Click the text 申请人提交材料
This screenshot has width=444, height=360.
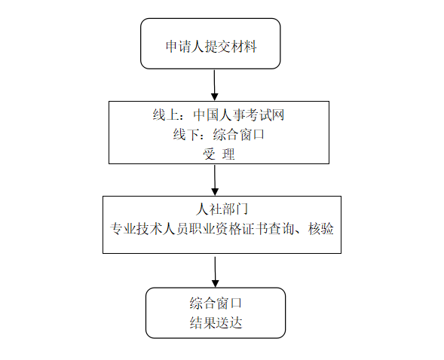pos(211,47)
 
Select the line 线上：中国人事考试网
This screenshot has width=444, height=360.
pos(219,115)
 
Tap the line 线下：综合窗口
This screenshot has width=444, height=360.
pos(219,134)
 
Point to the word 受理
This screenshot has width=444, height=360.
pos(219,154)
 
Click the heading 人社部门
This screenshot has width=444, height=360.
pos(222,209)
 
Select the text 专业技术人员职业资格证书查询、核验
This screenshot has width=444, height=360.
pos(222,228)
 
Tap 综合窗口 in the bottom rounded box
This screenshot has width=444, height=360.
pos(216,304)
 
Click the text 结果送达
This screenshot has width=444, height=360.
pos(216,322)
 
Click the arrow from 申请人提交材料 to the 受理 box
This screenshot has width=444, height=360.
pos(214,85)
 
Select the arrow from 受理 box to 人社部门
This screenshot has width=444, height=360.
pos(215,180)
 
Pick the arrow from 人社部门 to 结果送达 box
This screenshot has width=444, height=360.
pos(215,272)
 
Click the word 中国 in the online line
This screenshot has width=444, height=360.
pos(206,115)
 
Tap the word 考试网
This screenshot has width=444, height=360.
pos(265,115)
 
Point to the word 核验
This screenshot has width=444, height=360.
pos(321,228)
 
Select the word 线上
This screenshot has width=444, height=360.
pos(166,115)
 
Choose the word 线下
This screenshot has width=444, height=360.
pos(186,134)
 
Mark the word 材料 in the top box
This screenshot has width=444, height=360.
pos(244,47)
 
